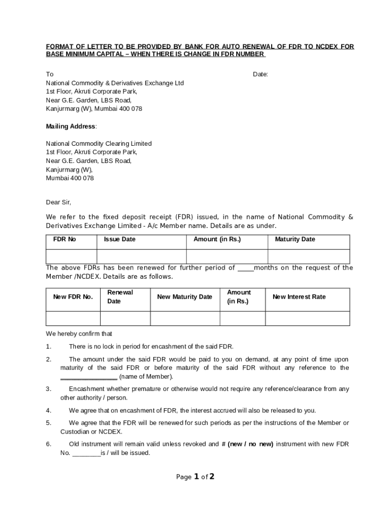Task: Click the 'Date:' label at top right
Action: [x=260, y=75]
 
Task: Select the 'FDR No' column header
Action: [x=64, y=239]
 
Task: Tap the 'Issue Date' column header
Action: [x=119, y=239]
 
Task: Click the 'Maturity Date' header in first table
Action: [x=295, y=239]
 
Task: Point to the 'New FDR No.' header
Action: [x=73, y=297]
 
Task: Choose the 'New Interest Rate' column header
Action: [x=299, y=297]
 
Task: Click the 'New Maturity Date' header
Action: [x=185, y=297]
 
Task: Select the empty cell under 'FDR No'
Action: [x=71, y=256]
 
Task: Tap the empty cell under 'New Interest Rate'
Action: [x=307, y=318]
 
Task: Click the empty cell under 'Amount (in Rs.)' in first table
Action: [x=227, y=256]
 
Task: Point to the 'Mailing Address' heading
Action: [x=71, y=126]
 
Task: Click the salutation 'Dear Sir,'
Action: [x=59, y=202]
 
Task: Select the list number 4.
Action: [x=48, y=410]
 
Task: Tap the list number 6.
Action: [x=48, y=444]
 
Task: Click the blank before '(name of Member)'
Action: [x=89, y=377]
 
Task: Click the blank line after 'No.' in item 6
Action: [x=86, y=453]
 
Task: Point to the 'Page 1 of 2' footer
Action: [x=195, y=477]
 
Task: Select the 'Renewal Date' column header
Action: [x=120, y=297]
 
